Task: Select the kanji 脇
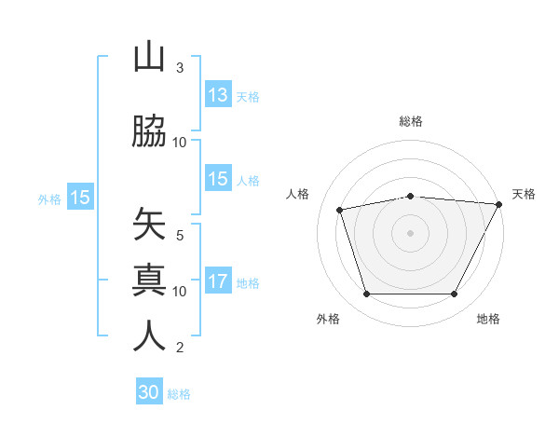[x=149, y=131]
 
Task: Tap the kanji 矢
[x=149, y=225]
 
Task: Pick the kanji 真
[x=149, y=280]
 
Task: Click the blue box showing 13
[x=218, y=94]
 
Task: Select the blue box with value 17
[x=218, y=281]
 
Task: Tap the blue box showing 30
[x=149, y=392]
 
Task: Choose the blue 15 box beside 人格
[x=218, y=179]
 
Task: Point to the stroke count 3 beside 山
[x=180, y=68]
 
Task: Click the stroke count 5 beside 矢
[x=180, y=236]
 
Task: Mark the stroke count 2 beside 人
[x=180, y=348]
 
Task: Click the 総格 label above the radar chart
[x=411, y=121]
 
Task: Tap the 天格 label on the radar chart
[x=524, y=194]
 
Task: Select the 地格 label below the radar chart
[x=488, y=320]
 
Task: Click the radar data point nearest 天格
[x=499, y=204]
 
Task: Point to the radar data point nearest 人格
[x=340, y=209]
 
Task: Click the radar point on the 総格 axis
[x=411, y=196]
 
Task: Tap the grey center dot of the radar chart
[x=411, y=232]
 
